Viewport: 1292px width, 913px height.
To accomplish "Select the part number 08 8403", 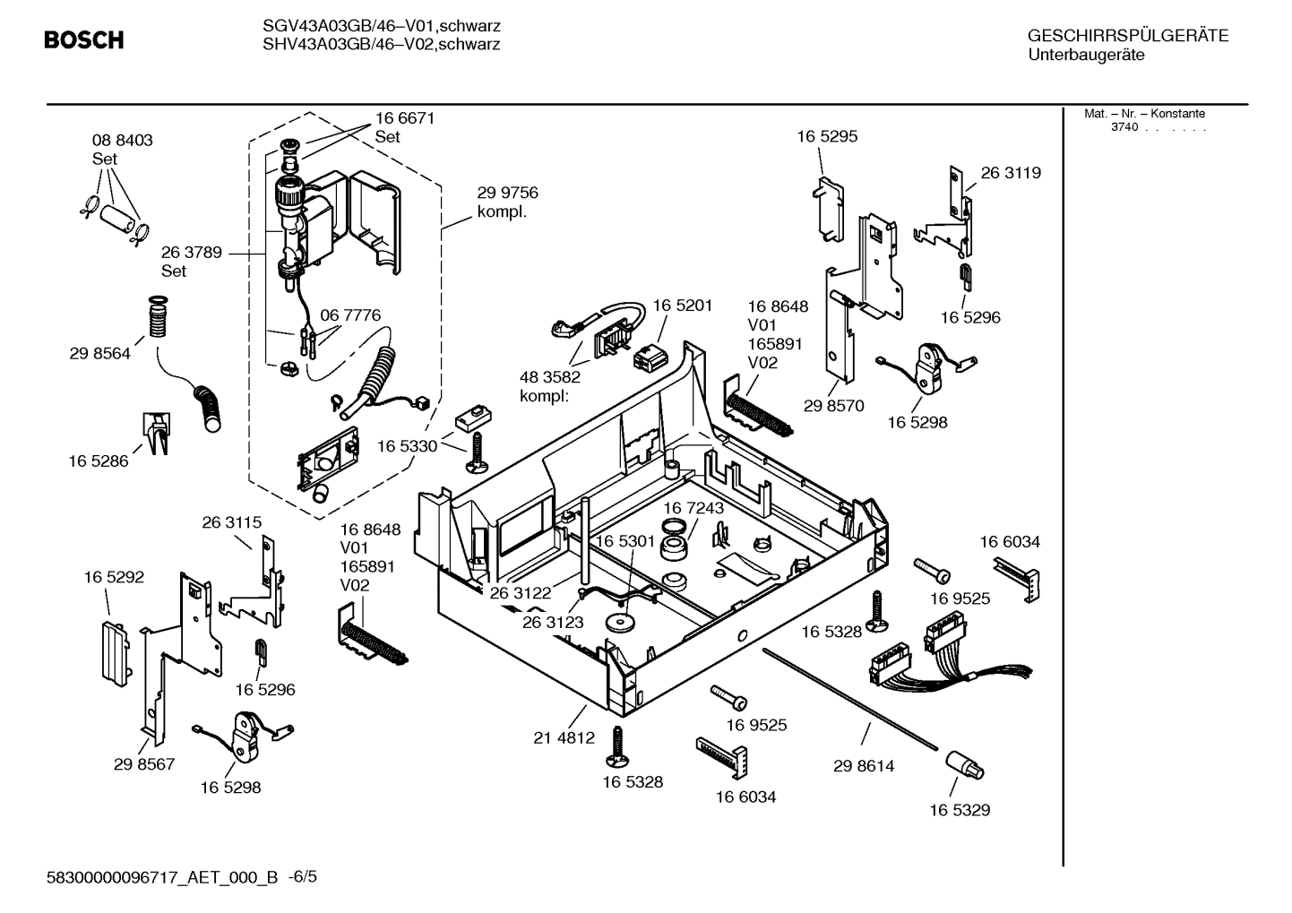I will [122, 141].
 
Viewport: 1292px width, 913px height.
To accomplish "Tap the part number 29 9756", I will [507, 193].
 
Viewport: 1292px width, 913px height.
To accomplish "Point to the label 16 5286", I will [98, 461].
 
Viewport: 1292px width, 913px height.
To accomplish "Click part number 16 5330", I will [407, 446].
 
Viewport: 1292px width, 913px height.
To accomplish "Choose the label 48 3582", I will [550, 377].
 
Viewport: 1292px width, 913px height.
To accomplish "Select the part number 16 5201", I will [682, 306].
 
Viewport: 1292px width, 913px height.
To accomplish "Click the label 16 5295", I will [827, 137].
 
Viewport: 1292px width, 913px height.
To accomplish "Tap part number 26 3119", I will [1011, 173].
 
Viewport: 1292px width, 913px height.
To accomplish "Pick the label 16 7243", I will [693, 508].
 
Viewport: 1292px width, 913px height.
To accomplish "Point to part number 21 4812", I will [564, 738].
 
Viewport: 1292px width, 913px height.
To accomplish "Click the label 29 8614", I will [864, 766].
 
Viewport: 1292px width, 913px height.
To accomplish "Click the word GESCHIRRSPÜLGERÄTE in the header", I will [1127, 37].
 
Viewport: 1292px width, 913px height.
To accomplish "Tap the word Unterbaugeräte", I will [1086, 56].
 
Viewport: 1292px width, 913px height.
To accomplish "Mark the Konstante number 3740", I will [1124, 127].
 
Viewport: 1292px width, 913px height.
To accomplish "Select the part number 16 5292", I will [114, 578].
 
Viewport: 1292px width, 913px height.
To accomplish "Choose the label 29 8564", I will [99, 354].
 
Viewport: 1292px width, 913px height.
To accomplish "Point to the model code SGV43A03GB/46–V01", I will [333, 26].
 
